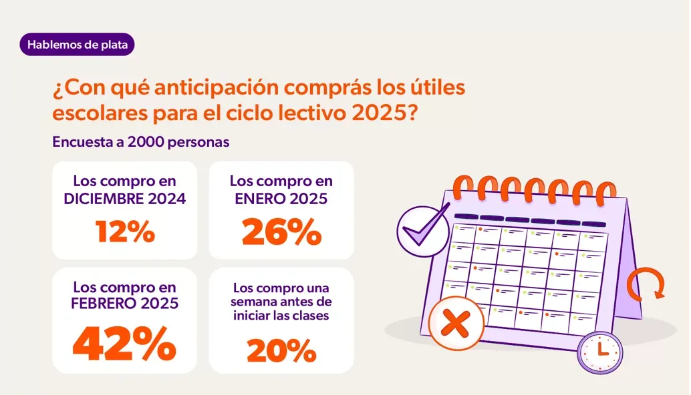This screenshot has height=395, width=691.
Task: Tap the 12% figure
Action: pos(125,232)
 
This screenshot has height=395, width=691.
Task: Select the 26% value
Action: pos(281,232)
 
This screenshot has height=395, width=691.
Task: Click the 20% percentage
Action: pos(281,350)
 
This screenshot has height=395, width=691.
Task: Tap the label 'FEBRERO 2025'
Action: pos(125,304)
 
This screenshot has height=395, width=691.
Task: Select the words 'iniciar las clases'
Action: pos(281,316)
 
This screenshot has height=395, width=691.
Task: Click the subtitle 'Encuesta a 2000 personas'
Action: pos(141,142)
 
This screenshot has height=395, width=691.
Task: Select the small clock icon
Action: pos(599,352)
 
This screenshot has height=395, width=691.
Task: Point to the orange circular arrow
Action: pos(646,284)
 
